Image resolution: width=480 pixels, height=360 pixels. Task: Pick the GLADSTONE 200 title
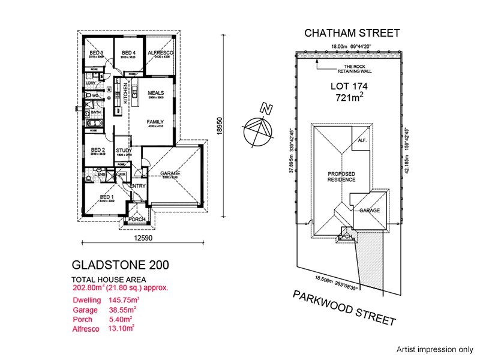[119, 265]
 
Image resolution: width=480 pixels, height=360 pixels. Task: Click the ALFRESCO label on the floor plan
[161, 53]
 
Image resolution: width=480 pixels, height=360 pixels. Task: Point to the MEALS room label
[148, 92]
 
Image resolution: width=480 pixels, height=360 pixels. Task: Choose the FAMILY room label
[155, 121]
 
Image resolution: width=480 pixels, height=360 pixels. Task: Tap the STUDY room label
[124, 151]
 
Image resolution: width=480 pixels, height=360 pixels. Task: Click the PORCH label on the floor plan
[137, 220]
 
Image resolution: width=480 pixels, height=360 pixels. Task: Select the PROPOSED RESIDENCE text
[341, 176]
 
